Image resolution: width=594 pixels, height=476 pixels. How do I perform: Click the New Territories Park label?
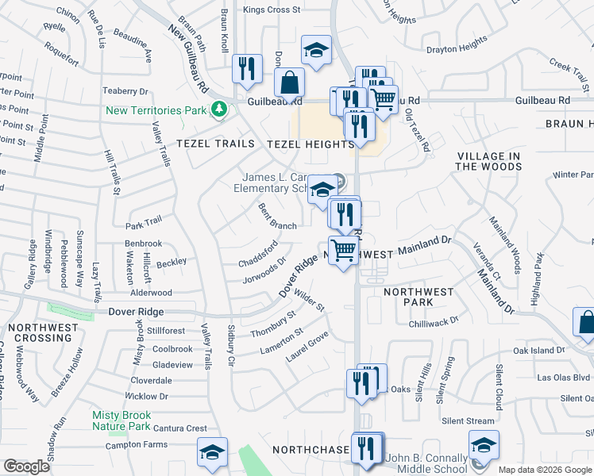156,109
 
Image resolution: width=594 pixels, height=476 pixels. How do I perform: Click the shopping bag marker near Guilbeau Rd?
290,82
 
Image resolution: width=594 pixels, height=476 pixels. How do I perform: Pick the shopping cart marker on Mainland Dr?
344,251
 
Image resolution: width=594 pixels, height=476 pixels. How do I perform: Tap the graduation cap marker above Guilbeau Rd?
316,52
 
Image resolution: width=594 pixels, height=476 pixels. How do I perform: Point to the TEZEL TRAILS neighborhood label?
215,144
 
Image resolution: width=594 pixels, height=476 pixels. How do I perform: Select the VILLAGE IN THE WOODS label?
489,161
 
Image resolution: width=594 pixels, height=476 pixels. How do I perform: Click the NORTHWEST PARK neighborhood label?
418,297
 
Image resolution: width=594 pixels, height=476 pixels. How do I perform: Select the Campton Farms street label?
139,446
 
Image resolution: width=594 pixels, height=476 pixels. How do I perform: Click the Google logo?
27,466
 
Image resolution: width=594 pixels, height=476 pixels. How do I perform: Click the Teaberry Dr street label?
126,91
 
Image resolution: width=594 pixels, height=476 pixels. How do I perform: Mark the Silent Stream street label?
468,420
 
